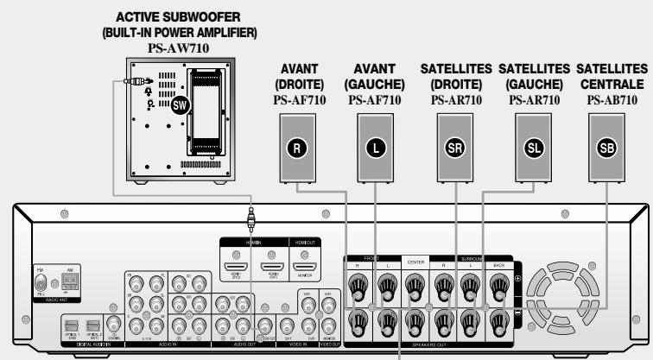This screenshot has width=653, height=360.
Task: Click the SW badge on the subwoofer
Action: click(x=180, y=106)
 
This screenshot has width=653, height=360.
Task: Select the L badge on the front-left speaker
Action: click(x=374, y=148)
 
